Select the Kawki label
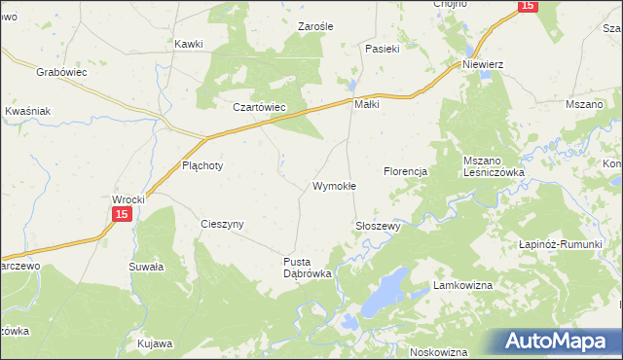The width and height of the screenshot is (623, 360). click(x=188, y=44)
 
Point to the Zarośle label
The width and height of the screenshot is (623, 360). click(x=316, y=27)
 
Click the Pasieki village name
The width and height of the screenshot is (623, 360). click(x=384, y=48)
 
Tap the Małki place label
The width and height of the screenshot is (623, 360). click(x=366, y=104)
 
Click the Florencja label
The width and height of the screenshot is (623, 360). click(x=406, y=171)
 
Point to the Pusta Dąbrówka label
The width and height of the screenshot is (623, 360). click(x=308, y=268)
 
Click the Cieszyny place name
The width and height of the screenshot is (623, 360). click(x=222, y=224)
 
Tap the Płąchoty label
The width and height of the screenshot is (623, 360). click(x=202, y=165)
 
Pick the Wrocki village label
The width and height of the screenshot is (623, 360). click(x=128, y=198)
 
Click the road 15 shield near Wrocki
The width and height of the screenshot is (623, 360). click(x=121, y=214)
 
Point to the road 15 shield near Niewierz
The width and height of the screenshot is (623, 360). click(x=527, y=6)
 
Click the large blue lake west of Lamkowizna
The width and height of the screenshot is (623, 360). click(x=383, y=291)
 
